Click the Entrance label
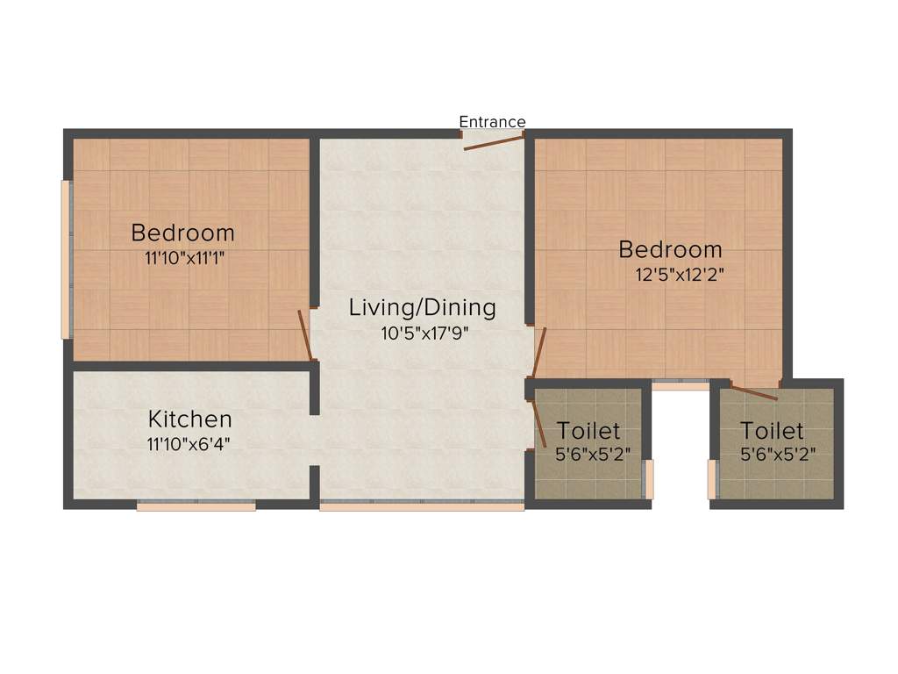pyautogui.click(x=492, y=122)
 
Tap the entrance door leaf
pyautogui.click(x=493, y=142)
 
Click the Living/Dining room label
pyautogui.click(x=422, y=308)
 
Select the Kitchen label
pyautogui.click(x=189, y=419)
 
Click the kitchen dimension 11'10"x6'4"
pyautogui.click(x=189, y=443)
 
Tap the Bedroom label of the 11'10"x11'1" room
pyautogui.click(x=182, y=233)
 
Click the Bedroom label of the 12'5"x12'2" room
pyautogui.click(x=670, y=249)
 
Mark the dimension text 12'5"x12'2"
pyautogui.click(x=680, y=274)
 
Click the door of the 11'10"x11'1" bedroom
pyautogui.click(x=305, y=334)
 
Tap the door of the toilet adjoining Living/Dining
pyautogui.click(x=539, y=424)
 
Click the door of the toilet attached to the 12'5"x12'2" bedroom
pyautogui.click(x=753, y=392)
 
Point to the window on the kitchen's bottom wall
pyautogui.click(x=196, y=505)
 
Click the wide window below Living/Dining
pyautogui.click(x=421, y=506)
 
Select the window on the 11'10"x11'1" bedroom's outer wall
pyautogui.click(x=65, y=260)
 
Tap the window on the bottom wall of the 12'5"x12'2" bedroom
pyautogui.click(x=681, y=385)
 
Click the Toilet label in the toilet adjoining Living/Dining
pyautogui.click(x=588, y=431)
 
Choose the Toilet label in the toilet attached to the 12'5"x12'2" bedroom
pyautogui.click(x=772, y=431)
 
